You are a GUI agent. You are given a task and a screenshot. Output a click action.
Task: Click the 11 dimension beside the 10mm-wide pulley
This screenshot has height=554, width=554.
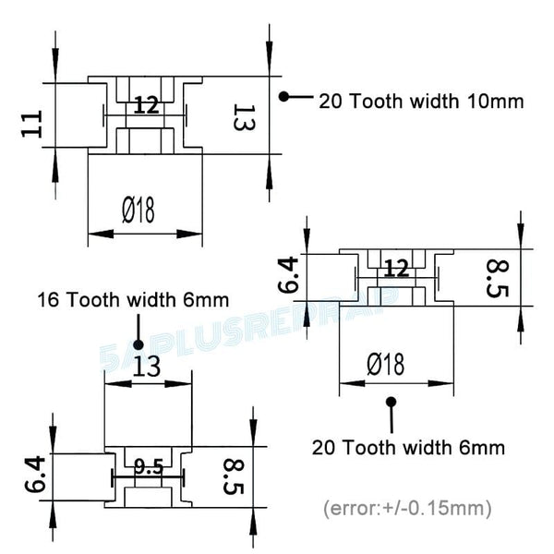(x=32, y=123)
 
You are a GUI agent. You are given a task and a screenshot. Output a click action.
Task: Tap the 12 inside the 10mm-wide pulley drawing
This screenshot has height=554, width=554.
(x=146, y=105)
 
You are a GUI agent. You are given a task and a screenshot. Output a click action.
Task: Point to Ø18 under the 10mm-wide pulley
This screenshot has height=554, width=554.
(x=138, y=211)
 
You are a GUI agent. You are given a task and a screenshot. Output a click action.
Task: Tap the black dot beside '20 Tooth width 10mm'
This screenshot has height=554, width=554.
(x=285, y=96)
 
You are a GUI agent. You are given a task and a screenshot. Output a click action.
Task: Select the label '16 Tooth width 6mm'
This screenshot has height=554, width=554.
(x=133, y=300)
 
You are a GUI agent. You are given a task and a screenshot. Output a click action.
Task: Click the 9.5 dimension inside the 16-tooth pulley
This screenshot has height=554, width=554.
(x=148, y=468)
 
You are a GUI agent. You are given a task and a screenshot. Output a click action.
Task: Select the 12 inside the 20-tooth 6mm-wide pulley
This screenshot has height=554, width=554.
(x=396, y=269)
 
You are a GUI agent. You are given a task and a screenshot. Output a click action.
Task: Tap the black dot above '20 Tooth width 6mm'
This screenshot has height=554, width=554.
(x=391, y=403)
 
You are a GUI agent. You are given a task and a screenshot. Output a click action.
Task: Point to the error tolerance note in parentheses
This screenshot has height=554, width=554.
(x=406, y=508)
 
